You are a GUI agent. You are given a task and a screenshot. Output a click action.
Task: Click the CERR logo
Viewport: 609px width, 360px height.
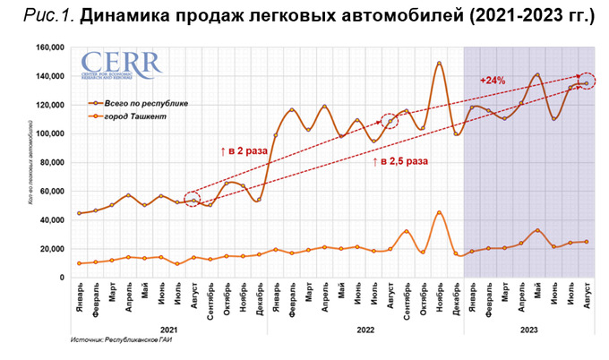tap(120, 65)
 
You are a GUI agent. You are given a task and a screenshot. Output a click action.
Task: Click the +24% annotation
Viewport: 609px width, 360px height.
tap(493, 81)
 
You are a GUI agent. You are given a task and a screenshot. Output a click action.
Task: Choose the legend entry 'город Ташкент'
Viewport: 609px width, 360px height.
tap(131, 116)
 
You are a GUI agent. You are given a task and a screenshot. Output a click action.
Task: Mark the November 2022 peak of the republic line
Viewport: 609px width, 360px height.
tap(439, 63)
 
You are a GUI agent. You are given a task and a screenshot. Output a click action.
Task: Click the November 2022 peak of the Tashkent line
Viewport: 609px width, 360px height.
tap(439, 212)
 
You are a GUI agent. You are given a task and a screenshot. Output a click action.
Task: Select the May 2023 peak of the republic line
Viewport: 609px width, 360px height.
tap(536, 74)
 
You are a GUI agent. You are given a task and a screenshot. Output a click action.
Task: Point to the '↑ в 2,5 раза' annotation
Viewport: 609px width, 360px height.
tap(399, 162)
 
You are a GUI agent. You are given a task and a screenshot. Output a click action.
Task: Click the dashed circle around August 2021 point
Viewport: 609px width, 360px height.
tap(193, 199)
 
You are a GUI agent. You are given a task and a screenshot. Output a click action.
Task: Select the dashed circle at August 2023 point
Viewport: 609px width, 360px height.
tap(586, 82)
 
